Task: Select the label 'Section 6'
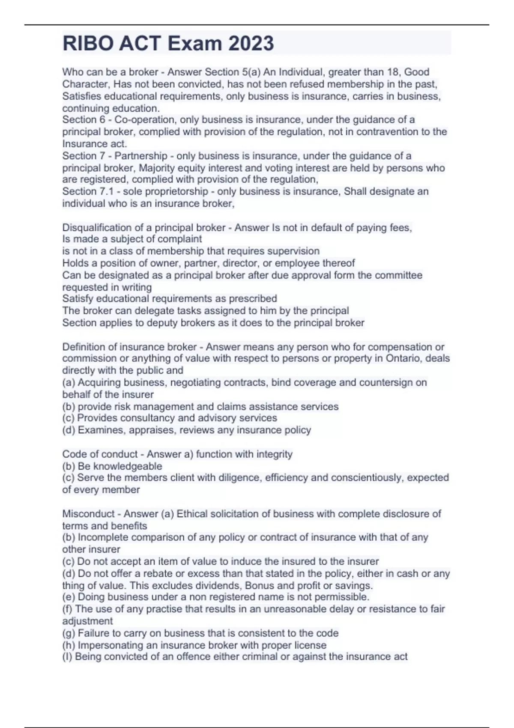click(x=84, y=119)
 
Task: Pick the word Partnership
click(x=140, y=156)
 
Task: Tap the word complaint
click(x=181, y=239)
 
